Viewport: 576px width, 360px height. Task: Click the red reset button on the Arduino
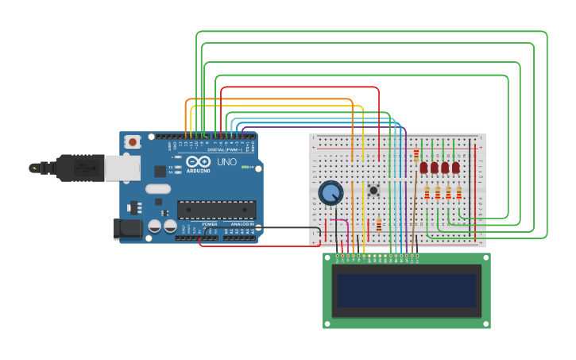[x=132, y=142]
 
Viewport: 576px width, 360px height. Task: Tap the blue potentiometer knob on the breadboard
[x=331, y=192]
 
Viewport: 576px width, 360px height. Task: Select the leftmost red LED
[x=424, y=168]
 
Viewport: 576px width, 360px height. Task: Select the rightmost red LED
[x=456, y=168]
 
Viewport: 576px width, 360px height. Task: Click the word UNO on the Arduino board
[x=227, y=161]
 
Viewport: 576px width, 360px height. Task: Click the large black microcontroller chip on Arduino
[x=216, y=209]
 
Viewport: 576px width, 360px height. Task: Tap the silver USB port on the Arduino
[x=122, y=168]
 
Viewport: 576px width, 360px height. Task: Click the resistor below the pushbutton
[x=379, y=225]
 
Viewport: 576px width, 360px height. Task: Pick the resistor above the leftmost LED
[x=416, y=154]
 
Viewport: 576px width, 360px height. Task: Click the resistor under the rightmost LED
[x=458, y=192]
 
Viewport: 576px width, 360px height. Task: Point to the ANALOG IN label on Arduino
[x=242, y=224]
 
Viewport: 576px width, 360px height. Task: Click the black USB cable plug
[x=72, y=168]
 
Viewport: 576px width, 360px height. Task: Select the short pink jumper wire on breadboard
[x=338, y=222]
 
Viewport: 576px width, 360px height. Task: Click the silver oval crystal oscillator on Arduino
[x=157, y=189]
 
